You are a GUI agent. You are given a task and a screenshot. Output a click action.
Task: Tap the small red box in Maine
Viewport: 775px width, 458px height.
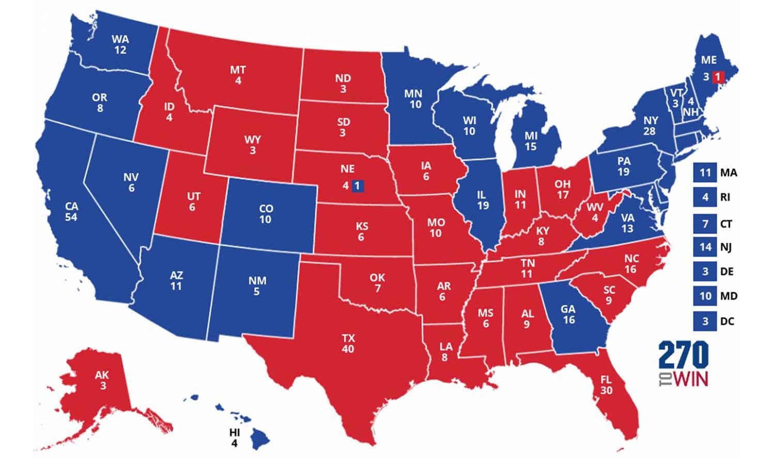point(718,77)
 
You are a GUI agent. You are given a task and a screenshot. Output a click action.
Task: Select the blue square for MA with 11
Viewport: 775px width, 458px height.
point(705,172)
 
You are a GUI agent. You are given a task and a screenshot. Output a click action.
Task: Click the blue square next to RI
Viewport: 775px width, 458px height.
point(705,197)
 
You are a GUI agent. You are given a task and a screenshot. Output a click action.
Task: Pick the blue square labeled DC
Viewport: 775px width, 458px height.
point(705,321)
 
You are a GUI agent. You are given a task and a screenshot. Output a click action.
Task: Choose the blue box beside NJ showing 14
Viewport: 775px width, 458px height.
point(705,247)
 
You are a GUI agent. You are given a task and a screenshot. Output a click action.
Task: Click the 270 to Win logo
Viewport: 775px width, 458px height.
point(683,364)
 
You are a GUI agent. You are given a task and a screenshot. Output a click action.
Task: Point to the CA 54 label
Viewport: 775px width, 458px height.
point(71,212)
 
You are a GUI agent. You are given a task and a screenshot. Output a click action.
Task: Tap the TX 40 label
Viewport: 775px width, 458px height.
point(348,343)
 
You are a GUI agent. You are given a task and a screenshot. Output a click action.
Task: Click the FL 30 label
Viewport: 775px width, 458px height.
point(606,385)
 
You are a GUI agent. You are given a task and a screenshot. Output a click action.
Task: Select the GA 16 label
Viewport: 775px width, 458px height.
point(568,314)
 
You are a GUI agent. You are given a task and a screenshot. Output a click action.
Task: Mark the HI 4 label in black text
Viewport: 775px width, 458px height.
point(235,438)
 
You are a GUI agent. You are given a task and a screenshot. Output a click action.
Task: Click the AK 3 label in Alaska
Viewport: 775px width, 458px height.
point(102,380)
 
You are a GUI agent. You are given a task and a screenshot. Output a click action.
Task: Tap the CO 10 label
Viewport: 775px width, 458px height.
point(266,214)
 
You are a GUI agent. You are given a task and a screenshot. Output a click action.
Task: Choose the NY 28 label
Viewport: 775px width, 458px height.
point(650,125)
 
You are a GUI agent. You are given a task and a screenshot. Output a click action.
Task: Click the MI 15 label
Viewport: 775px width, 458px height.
point(531,141)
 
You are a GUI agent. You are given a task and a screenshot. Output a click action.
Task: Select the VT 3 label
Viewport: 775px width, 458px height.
point(676,98)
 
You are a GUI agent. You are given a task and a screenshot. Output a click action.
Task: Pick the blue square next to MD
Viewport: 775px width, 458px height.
point(705,296)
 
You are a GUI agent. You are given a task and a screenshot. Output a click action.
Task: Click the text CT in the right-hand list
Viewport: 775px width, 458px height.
point(726,224)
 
